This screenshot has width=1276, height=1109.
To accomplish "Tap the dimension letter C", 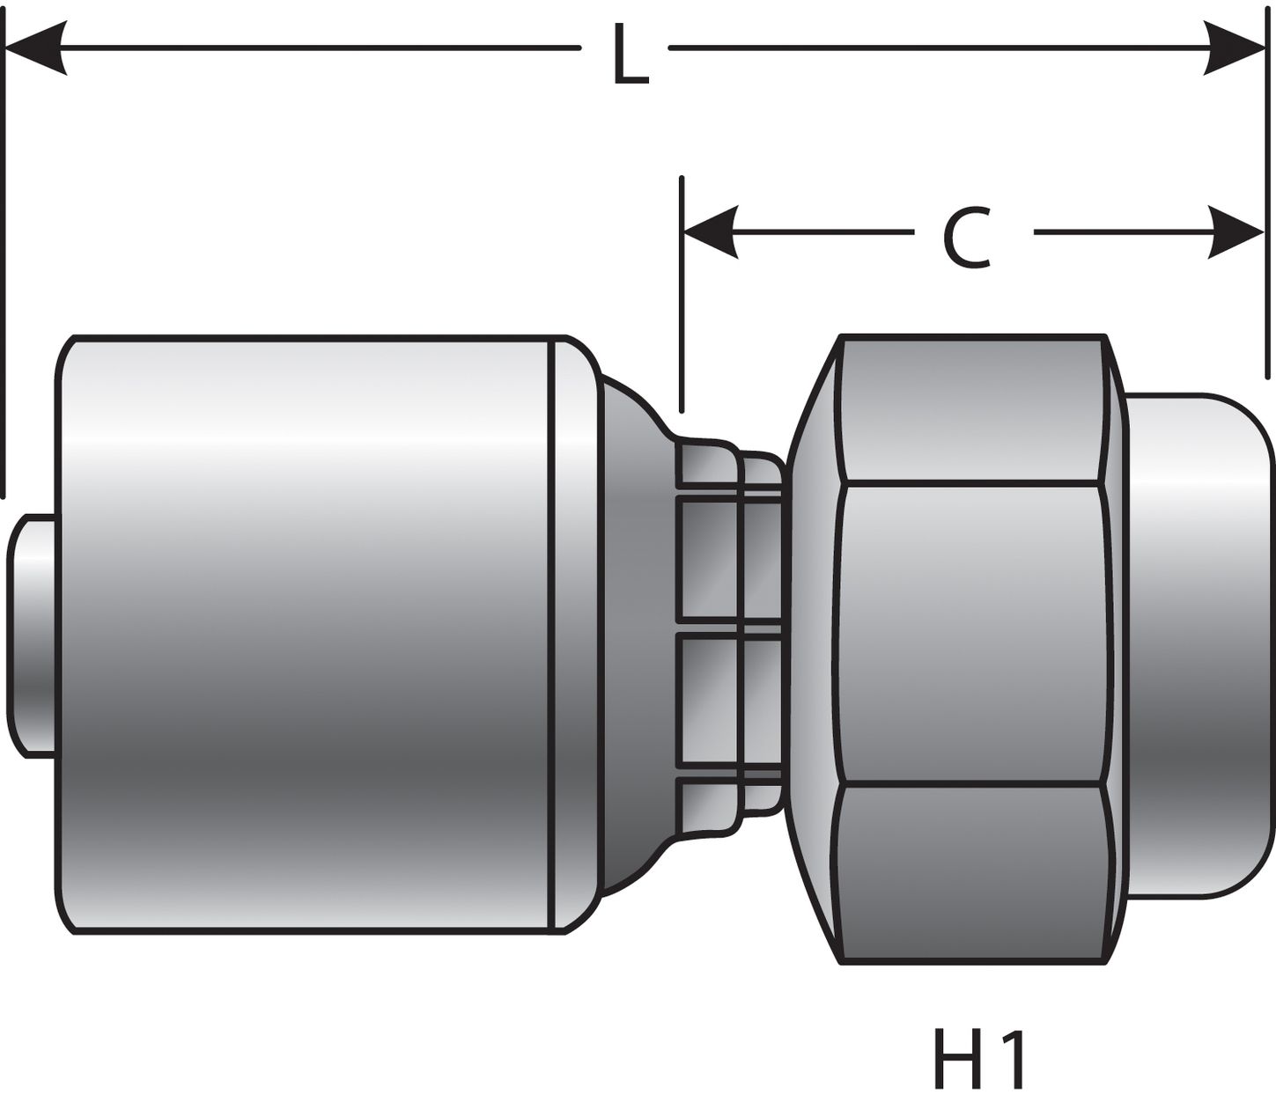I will coord(967,239).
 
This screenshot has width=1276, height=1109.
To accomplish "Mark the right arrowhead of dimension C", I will coord(1235,232).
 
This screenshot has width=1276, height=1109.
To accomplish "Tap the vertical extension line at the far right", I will coord(1266,202).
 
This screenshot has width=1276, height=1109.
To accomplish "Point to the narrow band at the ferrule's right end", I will coord(572,634).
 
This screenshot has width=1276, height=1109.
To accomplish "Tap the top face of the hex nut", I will coord(969,409).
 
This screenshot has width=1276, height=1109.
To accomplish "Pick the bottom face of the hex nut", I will coord(969,871).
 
